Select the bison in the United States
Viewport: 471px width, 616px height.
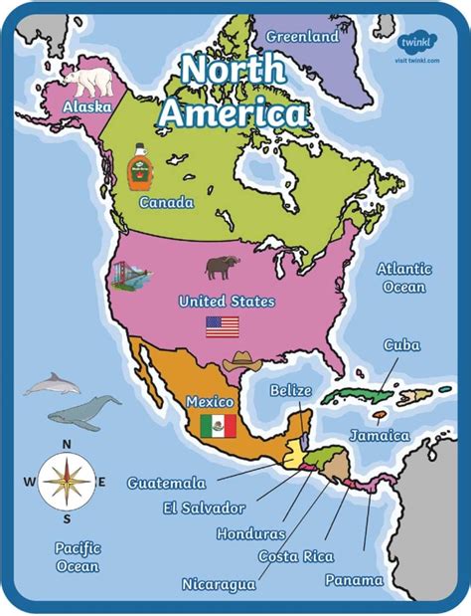click(x=223, y=266)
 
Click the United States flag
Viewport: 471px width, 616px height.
click(x=223, y=326)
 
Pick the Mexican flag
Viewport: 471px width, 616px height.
click(x=218, y=426)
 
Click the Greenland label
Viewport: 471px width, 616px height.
click(x=302, y=36)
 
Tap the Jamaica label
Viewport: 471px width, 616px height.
click(x=380, y=436)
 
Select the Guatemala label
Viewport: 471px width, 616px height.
click(x=166, y=483)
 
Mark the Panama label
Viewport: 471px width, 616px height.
click(x=354, y=580)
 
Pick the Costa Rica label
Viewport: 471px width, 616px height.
click(x=296, y=556)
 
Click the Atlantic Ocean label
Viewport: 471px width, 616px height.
click(x=403, y=278)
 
